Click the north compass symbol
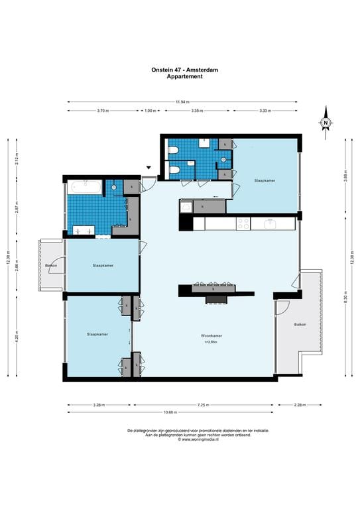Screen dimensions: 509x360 coord(326,123)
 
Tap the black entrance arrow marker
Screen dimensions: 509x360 coord(149,168)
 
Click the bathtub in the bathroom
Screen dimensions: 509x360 coord(84,188)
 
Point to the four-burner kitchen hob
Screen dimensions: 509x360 coord(243,224)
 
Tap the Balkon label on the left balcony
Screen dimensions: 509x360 coord(51,266)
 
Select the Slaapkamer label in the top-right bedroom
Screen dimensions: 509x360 coord(264,180)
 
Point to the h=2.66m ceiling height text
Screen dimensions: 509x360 coord(211,342)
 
